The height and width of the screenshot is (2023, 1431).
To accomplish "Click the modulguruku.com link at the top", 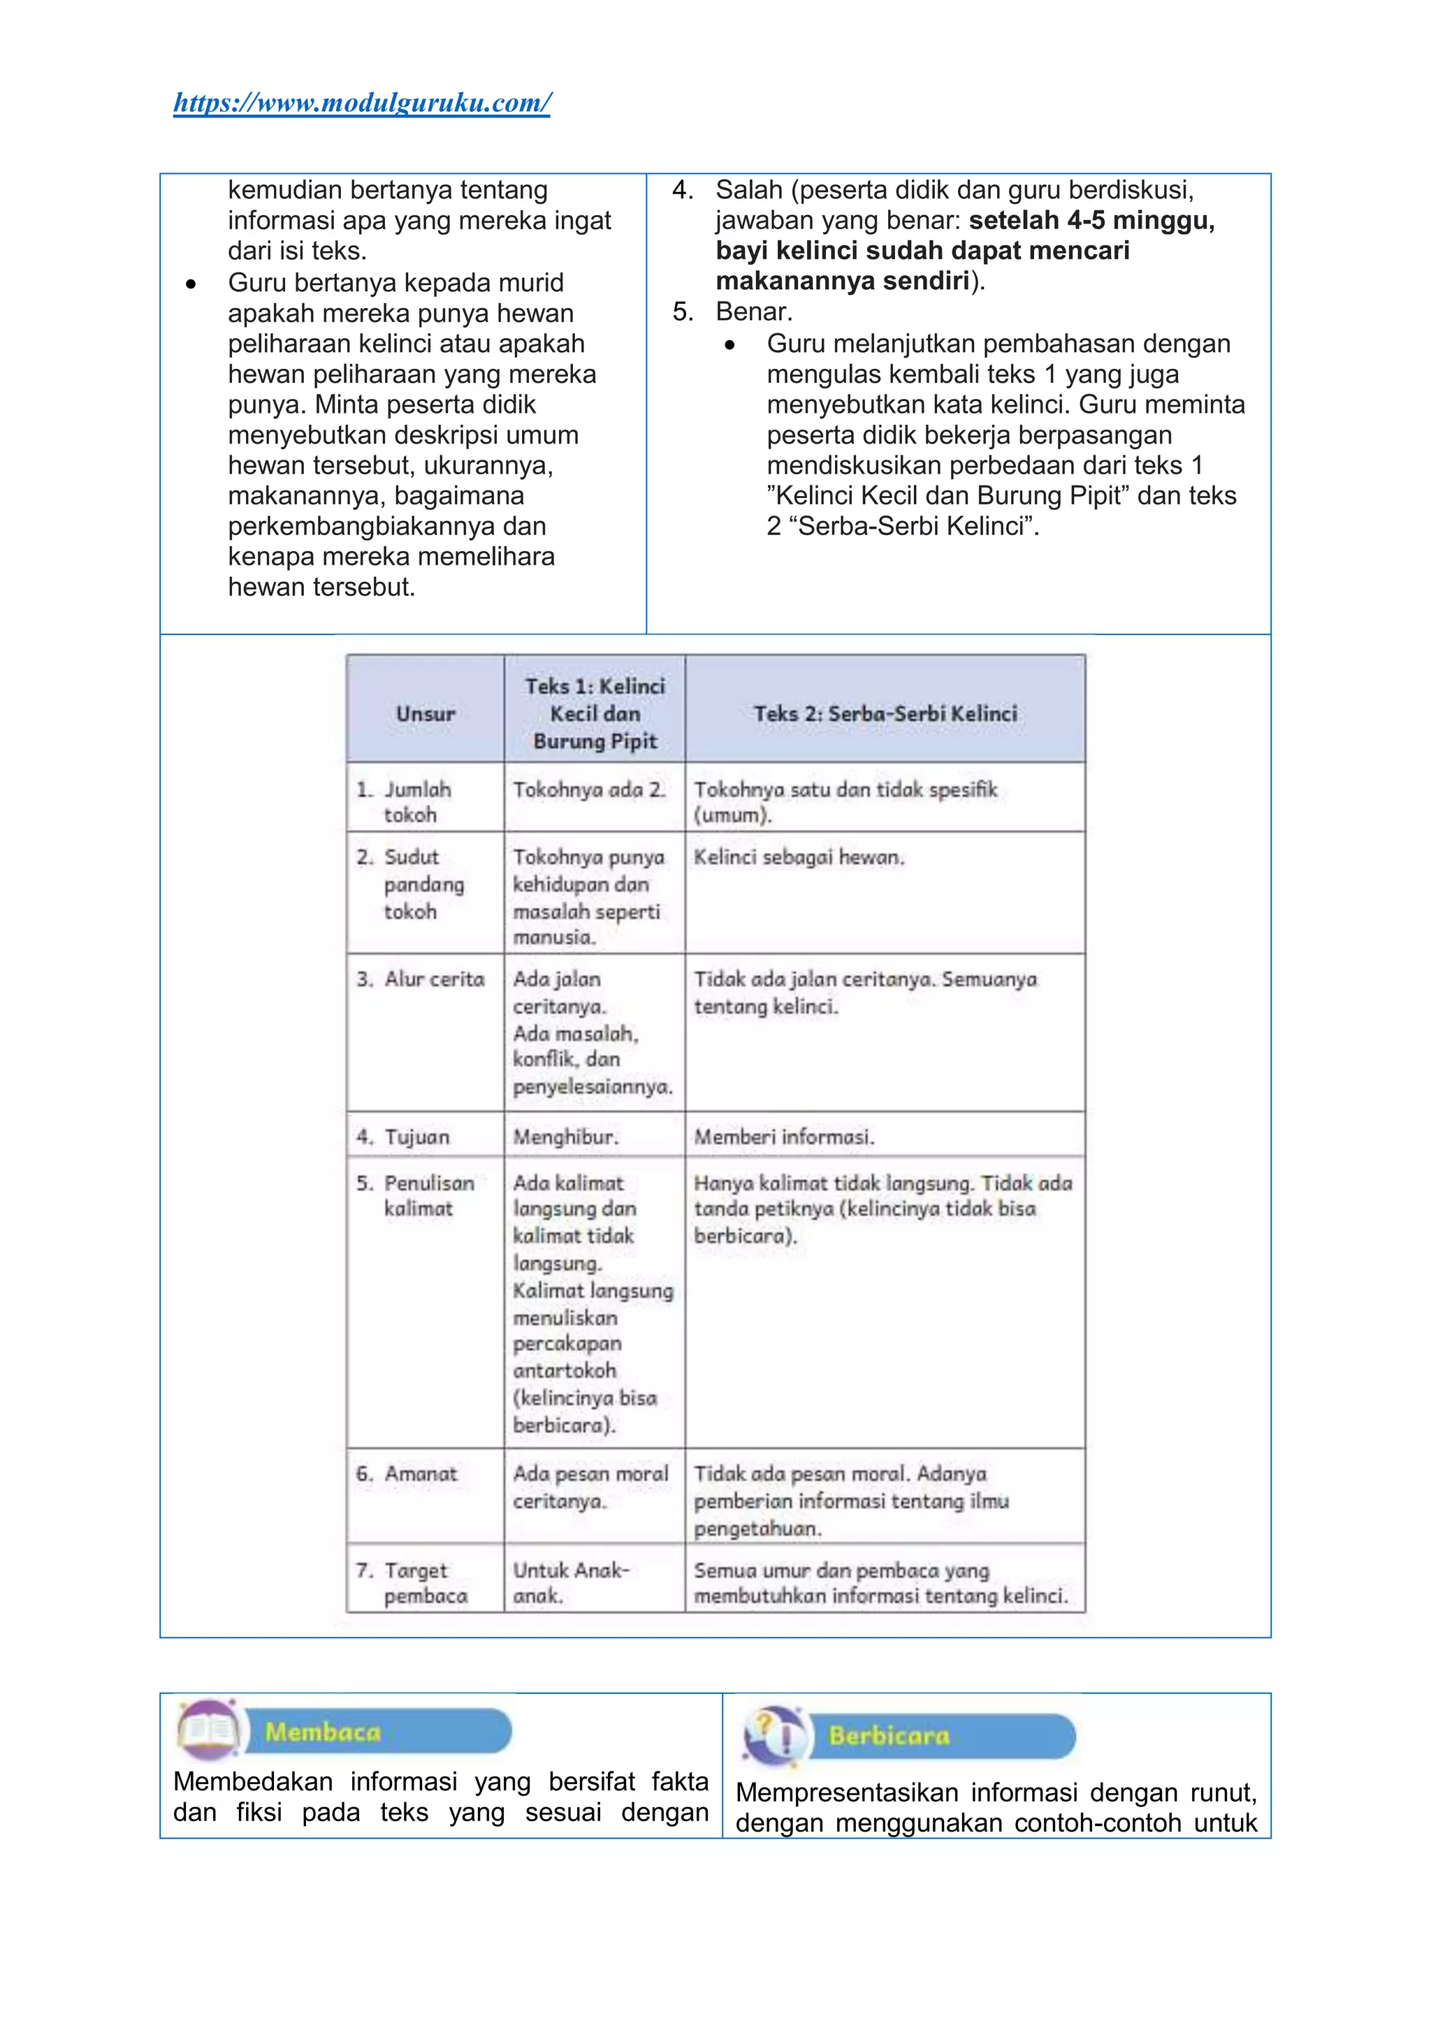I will (x=362, y=103).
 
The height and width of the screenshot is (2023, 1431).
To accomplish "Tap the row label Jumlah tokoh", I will (x=416, y=801).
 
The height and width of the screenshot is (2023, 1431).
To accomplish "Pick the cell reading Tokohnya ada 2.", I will (x=588, y=789).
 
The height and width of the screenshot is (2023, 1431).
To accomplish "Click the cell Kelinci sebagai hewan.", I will (x=799, y=856).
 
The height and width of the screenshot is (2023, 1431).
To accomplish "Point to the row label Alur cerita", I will (x=433, y=979).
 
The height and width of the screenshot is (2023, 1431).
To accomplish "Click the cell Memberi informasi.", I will (x=783, y=1137).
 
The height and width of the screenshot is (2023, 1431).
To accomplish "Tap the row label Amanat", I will (x=419, y=1473).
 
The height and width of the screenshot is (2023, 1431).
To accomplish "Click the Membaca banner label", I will (x=323, y=1732).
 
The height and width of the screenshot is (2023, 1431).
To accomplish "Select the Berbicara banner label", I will (x=888, y=1736).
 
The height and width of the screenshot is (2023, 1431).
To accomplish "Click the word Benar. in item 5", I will (x=753, y=312).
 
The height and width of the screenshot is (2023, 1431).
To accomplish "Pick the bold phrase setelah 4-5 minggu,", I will (x=1091, y=220).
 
